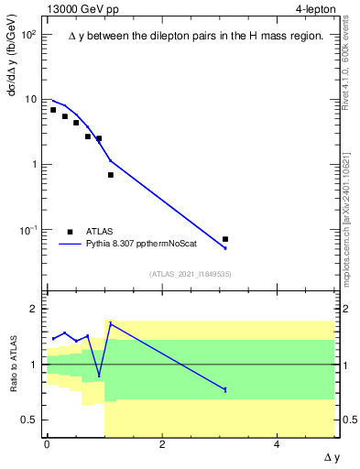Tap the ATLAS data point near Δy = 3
coord(225,239)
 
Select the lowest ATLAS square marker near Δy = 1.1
coord(111,175)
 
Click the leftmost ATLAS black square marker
coord(53,110)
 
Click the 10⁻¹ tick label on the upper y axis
coord(28,230)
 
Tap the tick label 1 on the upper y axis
coord(34,165)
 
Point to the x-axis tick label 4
coord(278,444)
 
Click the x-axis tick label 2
coord(162,444)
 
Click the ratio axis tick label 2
coord(34,310)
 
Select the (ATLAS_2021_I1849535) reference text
coord(190,273)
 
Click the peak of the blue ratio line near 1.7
coord(111,323)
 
